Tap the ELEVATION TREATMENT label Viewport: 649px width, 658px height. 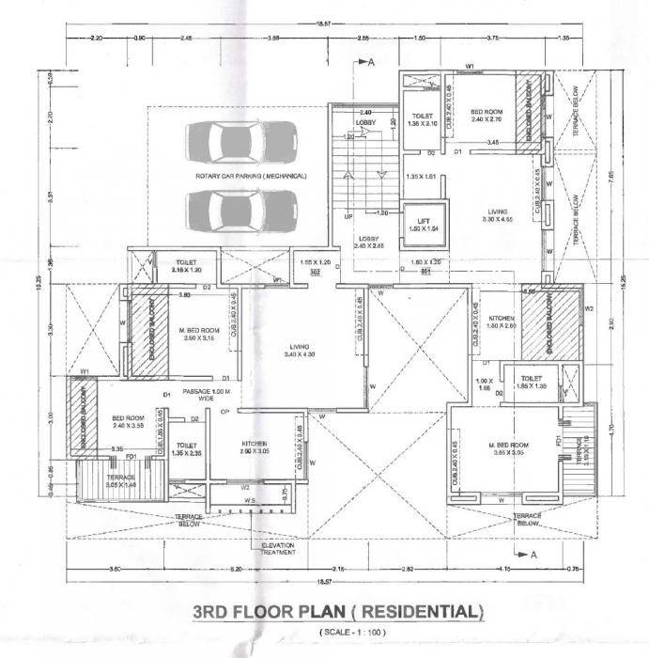tap(279, 548)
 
